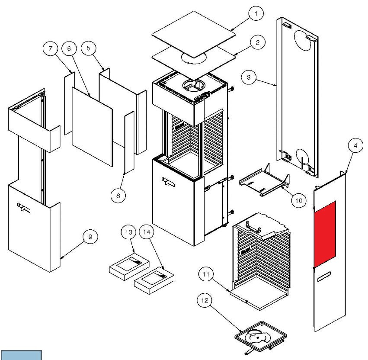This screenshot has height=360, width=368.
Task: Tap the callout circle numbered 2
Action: [257, 42]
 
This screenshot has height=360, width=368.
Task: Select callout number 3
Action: [249, 78]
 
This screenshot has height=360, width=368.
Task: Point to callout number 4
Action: [355, 146]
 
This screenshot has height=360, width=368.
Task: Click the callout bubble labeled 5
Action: [89, 49]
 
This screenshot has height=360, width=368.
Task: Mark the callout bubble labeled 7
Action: [51, 49]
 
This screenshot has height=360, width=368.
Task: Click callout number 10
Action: [299, 200]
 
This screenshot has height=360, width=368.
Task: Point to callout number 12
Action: [205, 299]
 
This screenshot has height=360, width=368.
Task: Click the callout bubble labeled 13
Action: [128, 232]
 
